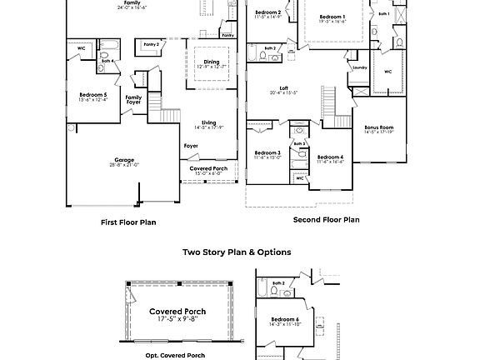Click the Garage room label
[x=124, y=160]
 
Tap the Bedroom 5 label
[x=92, y=95]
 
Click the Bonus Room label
[x=378, y=127]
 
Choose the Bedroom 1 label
[x=332, y=17]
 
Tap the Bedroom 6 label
[x=285, y=319]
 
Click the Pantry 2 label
[x=151, y=43]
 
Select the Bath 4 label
[x=107, y=62]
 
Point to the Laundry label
[x=360, y=67]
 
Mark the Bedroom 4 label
[x=330, y=157]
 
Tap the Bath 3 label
[x=299, y=143]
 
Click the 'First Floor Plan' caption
[x=128, y=222]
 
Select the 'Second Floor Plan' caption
[x=326, y=220]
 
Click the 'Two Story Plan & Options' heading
[x=237, y=252]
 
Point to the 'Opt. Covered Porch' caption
[x=174, y=355]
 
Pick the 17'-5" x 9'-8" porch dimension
[x=177, y=319]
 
